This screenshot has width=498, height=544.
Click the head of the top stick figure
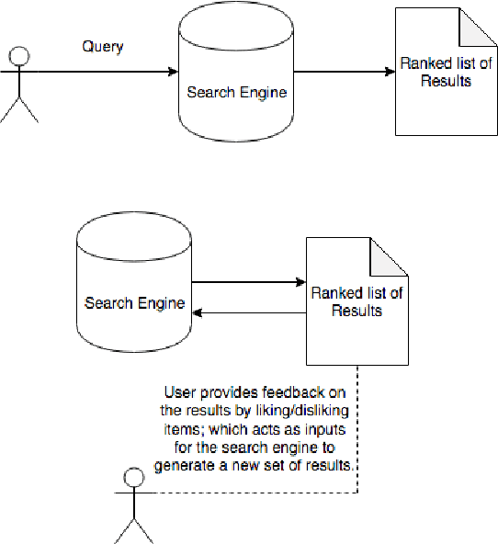click(x=19, y=57)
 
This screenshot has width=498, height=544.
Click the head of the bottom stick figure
click(x=134, y=475)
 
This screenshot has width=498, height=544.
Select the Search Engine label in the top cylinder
click(x=237, y=92)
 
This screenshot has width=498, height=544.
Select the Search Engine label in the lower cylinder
click(x=135, y=303)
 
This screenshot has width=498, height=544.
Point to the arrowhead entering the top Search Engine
click(x=171, y=72)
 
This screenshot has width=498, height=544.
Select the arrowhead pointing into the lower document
click(x=300, y=284)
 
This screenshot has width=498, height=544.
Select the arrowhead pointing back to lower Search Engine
click(x=198, y=313)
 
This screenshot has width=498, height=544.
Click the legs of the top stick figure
click(x=19, y=108)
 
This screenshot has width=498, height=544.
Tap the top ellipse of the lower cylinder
click(x=135, y=237)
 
